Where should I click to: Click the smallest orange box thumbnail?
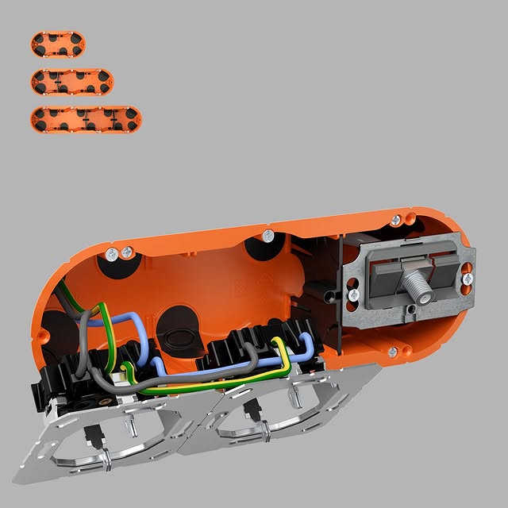(58, 44)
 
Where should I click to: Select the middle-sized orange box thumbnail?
(73, 80)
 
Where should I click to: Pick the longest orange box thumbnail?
(87, 119)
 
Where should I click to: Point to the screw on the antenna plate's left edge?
(352, 294)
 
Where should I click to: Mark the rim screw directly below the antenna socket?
(393, 350)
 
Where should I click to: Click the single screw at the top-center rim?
(268, 235)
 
